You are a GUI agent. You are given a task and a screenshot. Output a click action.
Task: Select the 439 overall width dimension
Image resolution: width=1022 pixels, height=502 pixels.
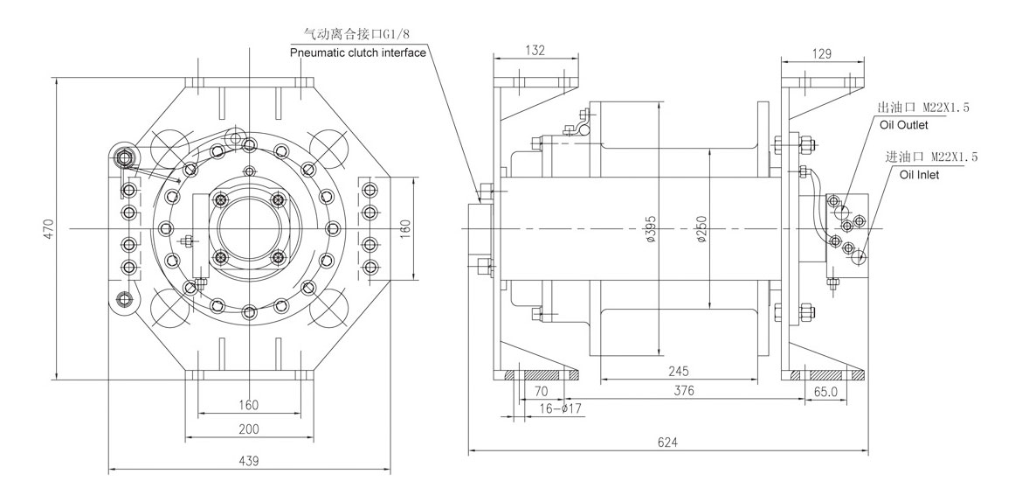point(248,461)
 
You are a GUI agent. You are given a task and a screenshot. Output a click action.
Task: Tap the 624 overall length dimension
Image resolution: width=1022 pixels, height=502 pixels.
point(667,442)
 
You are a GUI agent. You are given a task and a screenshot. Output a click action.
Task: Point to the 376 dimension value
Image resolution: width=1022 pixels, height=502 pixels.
point(683,391)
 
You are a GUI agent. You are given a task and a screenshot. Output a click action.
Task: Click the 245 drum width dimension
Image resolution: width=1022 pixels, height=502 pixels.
point(679,372)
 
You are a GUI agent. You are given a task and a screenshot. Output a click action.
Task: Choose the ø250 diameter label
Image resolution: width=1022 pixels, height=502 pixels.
point(701,229)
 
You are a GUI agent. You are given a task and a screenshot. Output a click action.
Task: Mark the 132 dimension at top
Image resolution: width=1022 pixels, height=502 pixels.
point(535,50)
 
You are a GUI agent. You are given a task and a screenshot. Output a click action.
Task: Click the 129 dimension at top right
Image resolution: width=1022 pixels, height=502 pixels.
point(823,54)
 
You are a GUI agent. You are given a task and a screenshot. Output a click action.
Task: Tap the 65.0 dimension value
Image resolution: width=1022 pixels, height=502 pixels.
point(826,392)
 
